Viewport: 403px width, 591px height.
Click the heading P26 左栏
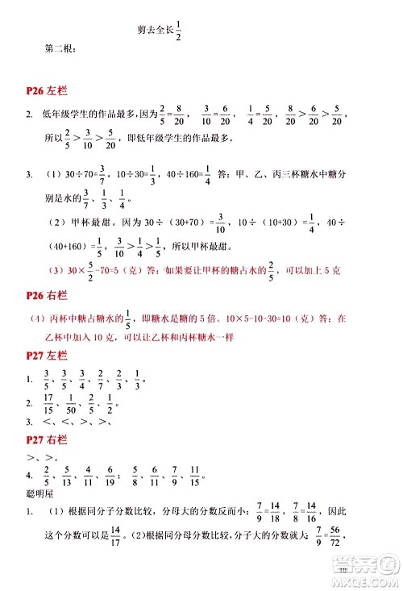50,94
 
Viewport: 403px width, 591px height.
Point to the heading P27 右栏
50,441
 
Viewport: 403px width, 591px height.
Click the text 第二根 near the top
60,52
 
